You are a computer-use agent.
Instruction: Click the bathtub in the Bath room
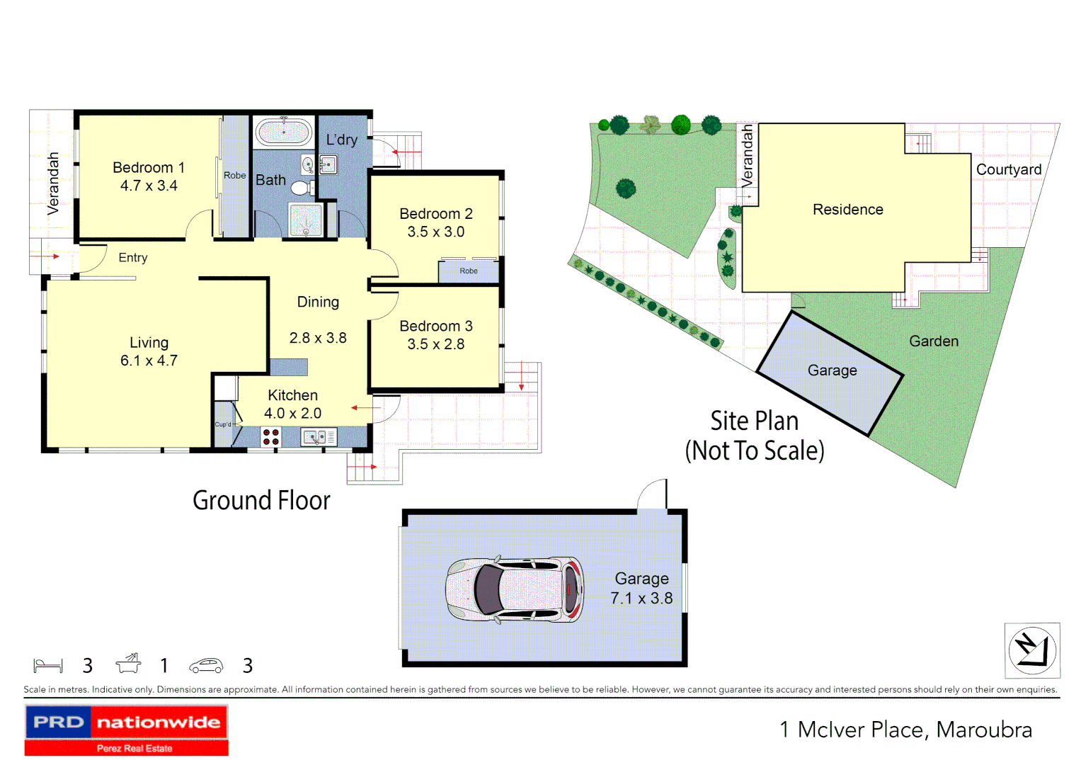283,132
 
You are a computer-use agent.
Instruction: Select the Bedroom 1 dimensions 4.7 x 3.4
149,186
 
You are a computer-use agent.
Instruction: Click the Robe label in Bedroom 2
469,271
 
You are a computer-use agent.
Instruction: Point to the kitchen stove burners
270,436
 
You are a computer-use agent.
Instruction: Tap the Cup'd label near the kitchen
223,424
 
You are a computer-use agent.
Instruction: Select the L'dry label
342,140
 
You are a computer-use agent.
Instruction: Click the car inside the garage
515,589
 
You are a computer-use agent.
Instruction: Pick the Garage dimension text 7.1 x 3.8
641,599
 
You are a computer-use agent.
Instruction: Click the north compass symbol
1031,650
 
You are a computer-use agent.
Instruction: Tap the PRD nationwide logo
127,730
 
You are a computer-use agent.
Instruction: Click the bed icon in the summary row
48,666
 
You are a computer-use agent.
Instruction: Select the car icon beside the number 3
206,666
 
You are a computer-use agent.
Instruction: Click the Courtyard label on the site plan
1008,170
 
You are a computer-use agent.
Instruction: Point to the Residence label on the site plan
847,210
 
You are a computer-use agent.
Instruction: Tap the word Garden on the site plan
933,341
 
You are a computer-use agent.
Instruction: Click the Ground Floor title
261,501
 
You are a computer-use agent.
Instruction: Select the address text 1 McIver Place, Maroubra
905,730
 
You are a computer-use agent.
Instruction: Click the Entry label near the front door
133,258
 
